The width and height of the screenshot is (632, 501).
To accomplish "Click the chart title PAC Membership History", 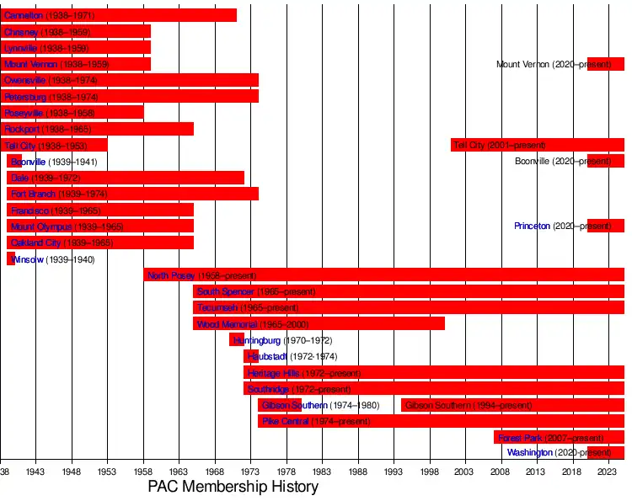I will point(233,487).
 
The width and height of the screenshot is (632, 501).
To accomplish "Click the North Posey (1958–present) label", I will point(202,275).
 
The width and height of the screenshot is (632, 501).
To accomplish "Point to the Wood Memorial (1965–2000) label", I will point(253,324).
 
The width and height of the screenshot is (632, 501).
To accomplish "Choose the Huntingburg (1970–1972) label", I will point(282,340).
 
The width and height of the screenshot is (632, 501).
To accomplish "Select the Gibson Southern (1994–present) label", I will point(457,405).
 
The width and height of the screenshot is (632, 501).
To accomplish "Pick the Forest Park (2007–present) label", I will point(551,438).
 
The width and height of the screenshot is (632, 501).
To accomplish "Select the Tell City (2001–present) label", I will point(500,146).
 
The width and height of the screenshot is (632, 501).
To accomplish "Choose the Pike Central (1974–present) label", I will point(316,421).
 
